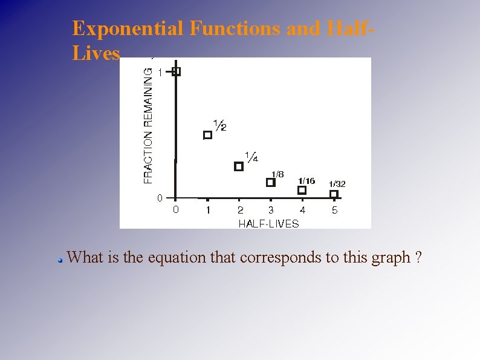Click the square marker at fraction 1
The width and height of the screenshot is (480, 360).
click(x=177, y=71)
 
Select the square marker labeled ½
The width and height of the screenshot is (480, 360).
click(x=208, y=135)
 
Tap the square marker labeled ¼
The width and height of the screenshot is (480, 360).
click(x=239, y=166)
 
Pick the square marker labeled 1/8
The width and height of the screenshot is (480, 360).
click(x=271, y=182)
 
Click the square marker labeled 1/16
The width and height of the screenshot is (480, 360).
click(x=302, y=190)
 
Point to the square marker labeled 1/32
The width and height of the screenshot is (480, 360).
click(x=334, y=194)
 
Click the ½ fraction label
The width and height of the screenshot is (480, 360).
click(x=220, y=125)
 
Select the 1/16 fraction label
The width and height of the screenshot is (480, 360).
click(x=306, y=181)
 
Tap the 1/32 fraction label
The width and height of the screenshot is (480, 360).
click(x=337, y=184)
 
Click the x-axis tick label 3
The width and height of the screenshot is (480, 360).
click(x=271, y=211)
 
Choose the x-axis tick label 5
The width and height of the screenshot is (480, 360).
click(x=334, y=211)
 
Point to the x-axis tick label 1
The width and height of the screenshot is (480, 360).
click(x=208, y=211)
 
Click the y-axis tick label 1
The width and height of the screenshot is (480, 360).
click(x=160, y=72)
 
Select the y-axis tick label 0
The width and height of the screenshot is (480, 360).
click(x=159, y=198)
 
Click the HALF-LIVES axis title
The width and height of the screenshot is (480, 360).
click(x=268, y=223)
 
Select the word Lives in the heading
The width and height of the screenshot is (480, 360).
click(x=96, y=53)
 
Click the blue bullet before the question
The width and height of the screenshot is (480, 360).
click(x=60, y=260)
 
